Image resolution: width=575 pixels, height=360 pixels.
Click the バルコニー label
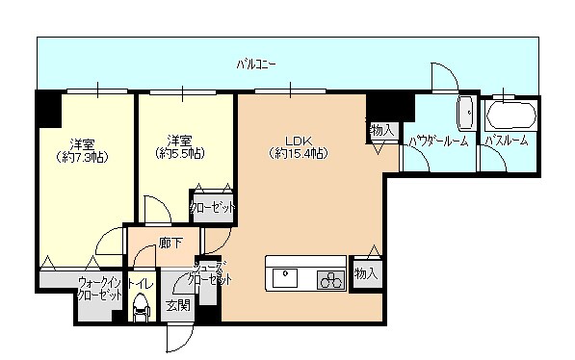point(257,64)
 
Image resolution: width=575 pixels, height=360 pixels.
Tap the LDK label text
point(296,136)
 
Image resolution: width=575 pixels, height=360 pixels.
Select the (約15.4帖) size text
point(297,152)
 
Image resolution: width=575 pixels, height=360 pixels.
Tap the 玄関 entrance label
point(176,305)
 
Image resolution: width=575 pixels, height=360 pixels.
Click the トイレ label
point(140,284)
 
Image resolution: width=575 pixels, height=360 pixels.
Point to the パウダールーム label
point(438,141)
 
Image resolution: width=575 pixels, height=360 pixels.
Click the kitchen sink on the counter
point(287,279)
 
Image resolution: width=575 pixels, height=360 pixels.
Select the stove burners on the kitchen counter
point(330,280)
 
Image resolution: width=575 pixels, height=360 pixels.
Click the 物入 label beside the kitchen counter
point(365,273)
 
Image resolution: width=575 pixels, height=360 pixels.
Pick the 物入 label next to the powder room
point(381,129)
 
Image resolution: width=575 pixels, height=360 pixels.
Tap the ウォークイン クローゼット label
point(100,289)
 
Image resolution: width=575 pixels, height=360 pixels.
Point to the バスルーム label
point(506,141)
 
